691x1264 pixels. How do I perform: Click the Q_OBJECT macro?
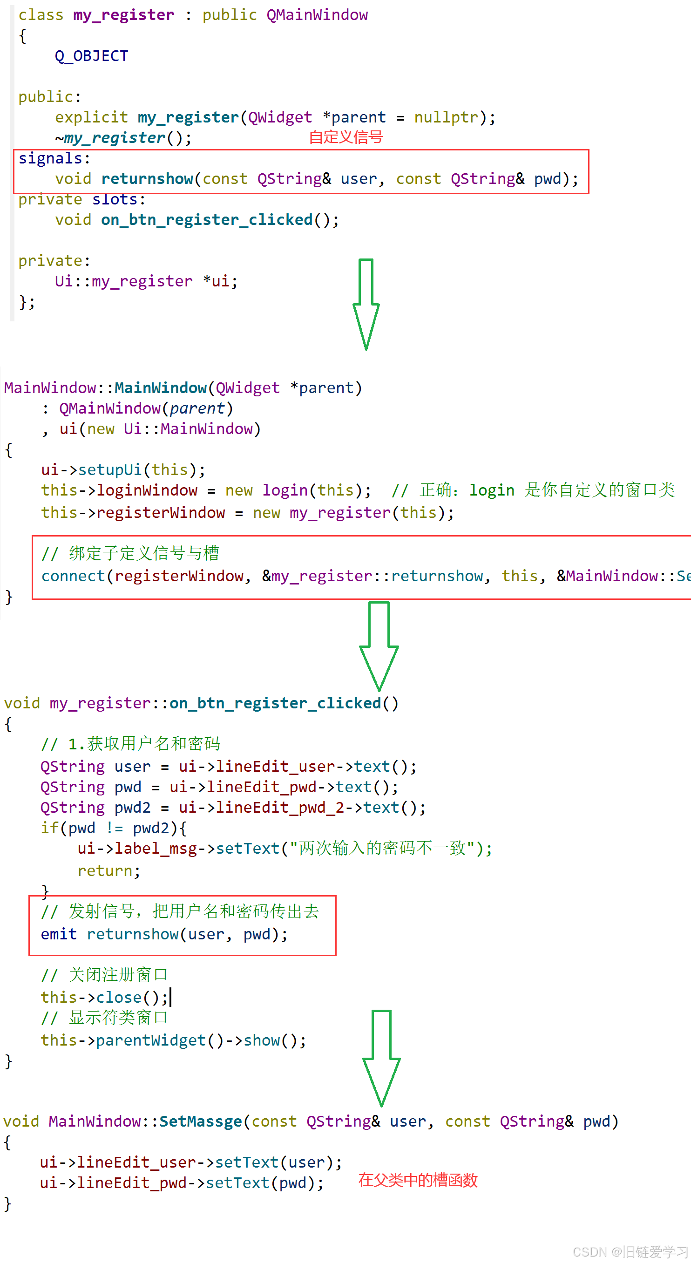(91, 56)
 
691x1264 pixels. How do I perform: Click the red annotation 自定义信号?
(346, 137)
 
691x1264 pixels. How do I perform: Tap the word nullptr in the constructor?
(446, 117)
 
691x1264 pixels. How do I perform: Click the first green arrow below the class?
(366, 304)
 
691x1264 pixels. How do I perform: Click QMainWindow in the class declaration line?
(317, 15)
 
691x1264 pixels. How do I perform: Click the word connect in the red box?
(73, 576)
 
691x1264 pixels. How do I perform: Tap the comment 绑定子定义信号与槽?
(144, 553)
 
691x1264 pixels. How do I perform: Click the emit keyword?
(58, 934)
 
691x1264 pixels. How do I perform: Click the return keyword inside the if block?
(105, 870)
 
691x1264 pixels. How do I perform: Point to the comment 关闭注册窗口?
(118, 974)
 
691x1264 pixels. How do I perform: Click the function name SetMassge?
(201, 1121)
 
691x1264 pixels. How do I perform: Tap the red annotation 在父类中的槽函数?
(418, 1180)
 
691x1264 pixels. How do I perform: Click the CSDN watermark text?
(630, 1252)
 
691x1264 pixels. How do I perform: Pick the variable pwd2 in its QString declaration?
(132, 807)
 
